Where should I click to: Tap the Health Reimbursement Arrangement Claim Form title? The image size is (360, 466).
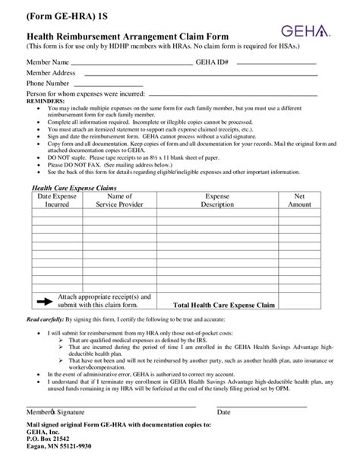(x=122, y=36)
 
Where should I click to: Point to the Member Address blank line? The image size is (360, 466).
(x=198, y=74)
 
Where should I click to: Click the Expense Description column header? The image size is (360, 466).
(x=217, y=200)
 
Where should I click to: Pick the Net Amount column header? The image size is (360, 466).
(x=299, y=200)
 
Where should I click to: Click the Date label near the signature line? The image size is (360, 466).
(x=224, y=412)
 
